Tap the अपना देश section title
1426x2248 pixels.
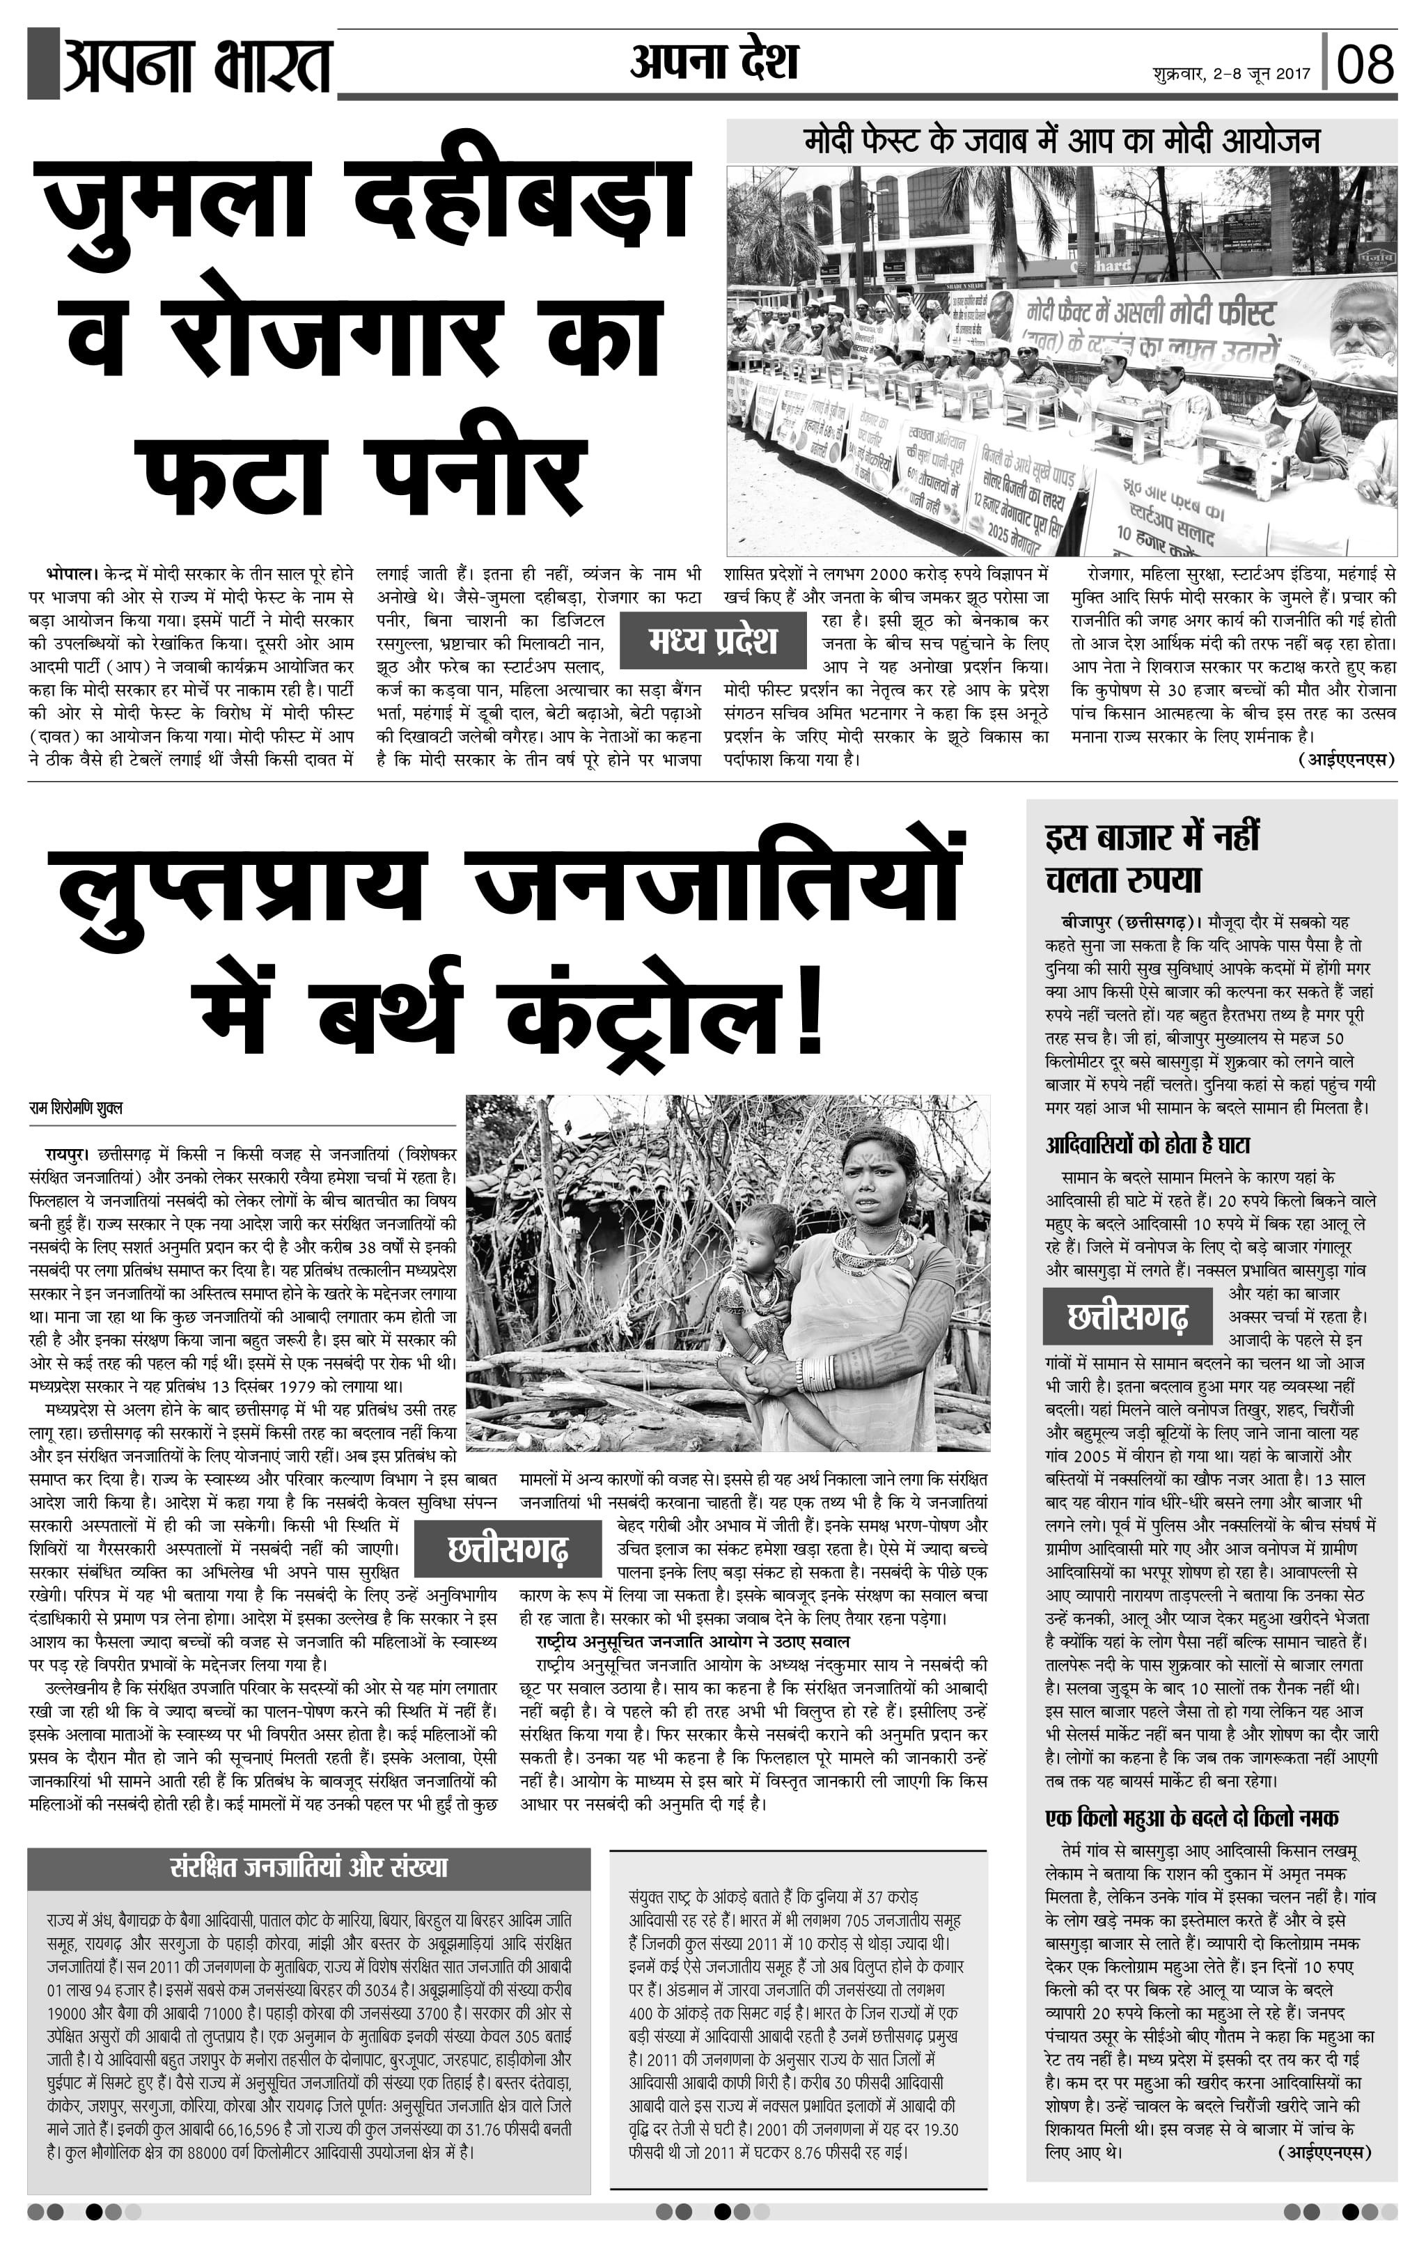tap(713, 61)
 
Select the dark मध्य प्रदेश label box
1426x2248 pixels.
tap(712, 641)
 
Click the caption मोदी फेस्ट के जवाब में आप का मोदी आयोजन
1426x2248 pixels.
tap(1061, 142)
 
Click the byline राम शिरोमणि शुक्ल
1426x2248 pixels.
tap(76, 1108)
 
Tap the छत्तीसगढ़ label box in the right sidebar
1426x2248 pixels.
tap(1127, 1316)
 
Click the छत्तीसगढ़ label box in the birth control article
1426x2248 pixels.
tap(507, 1549)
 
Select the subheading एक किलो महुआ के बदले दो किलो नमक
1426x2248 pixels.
tap(1192, 1818)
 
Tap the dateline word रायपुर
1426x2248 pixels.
tap(68, 1154)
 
